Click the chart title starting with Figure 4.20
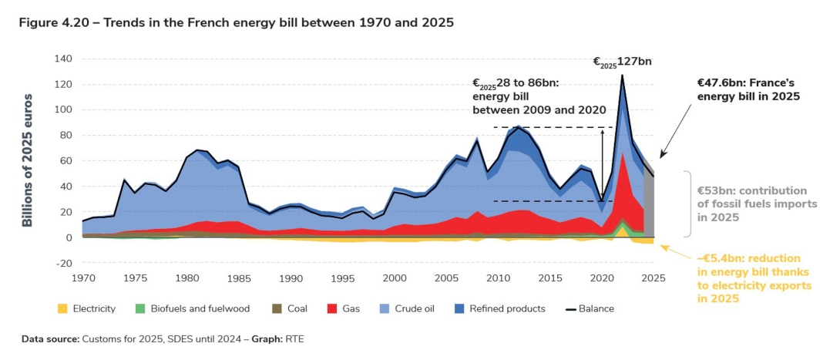coord(237,22)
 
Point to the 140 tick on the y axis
coord(62,59)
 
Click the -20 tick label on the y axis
coord(62,263)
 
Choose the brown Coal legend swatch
coord(275,309)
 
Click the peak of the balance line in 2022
coord(622,75)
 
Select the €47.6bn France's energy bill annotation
coord(748,89)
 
